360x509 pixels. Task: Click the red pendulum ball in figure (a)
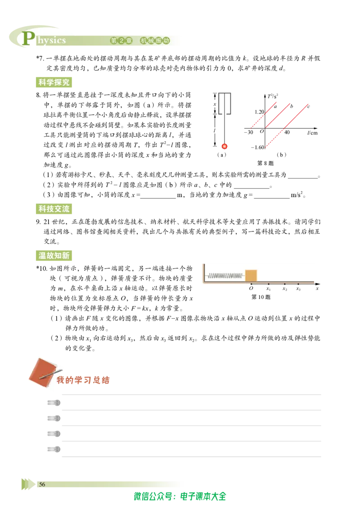pos(224,146)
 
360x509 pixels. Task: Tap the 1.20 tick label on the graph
pos(259,112)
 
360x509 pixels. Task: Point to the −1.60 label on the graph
pos(258,147)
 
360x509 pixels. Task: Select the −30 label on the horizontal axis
pos(248,133)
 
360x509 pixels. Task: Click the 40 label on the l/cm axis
pos(287,133)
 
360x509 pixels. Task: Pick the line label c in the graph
pos(308,106)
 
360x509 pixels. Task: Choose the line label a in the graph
pos(275,106)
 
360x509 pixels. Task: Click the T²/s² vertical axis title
pos(273,96)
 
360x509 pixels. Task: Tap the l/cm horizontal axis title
pos(312,133)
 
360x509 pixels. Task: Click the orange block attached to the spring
pos(251,275)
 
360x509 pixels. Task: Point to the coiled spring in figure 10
pos(225,276)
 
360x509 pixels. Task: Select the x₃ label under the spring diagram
pos(298,289)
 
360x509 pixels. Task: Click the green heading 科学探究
pos(54,82)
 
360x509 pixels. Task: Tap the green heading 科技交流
pos(54,209)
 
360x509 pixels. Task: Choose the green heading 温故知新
pos(54,255)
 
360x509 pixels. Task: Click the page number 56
pos(42,484)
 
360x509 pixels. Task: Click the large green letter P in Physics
pos(28,38)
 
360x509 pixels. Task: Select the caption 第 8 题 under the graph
pos(265,163)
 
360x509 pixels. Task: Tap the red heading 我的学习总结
pos(83,380)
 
